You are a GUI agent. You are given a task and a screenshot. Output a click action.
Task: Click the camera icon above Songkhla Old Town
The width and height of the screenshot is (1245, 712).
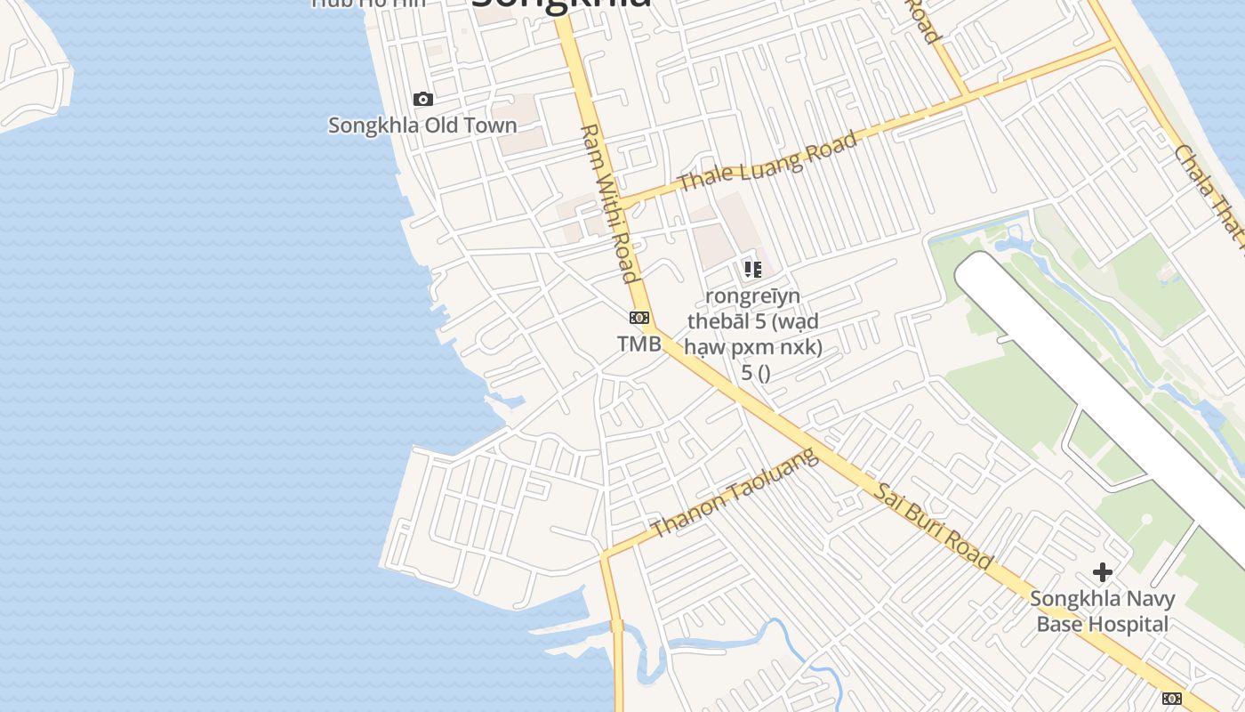coord(423,99)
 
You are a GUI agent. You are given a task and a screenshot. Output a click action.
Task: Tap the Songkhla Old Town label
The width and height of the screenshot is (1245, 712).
coord(422,125)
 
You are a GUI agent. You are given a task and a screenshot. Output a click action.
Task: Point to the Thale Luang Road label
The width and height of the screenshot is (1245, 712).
coord(768,161)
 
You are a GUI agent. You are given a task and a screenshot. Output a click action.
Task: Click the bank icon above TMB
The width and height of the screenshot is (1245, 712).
coord(639,318)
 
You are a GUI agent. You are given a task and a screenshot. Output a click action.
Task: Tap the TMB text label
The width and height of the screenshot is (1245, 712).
coord(639,344)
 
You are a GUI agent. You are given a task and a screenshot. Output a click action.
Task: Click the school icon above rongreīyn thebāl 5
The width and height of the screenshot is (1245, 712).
coord(753,269)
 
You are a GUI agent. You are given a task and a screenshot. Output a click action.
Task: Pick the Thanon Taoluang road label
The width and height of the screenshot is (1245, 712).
coord(734,493)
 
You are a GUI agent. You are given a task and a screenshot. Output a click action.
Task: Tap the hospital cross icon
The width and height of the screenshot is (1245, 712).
coord(1103,571)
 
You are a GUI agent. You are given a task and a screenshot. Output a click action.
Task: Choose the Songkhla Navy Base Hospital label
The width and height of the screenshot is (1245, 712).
coord(1103,611)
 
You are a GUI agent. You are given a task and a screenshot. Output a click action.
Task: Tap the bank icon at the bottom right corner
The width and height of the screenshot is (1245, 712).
coord(1172,699)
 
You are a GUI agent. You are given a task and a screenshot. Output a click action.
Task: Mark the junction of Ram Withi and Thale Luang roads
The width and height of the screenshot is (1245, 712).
coord(621,203)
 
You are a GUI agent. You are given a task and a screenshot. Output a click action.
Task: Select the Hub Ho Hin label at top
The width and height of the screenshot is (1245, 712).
coord(369,3)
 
